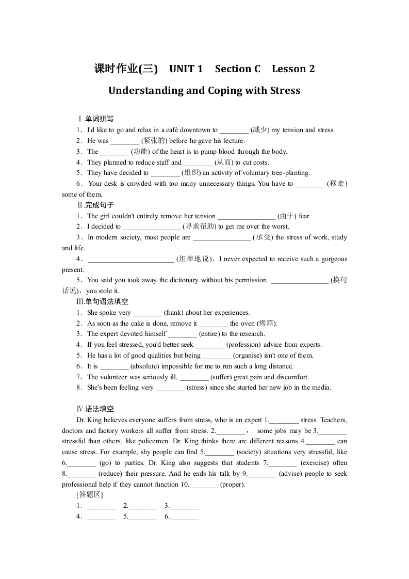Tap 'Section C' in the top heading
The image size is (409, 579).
pos(238,69)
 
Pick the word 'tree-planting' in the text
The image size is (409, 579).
pos(290,173)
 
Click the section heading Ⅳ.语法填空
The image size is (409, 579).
pos(95,409)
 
